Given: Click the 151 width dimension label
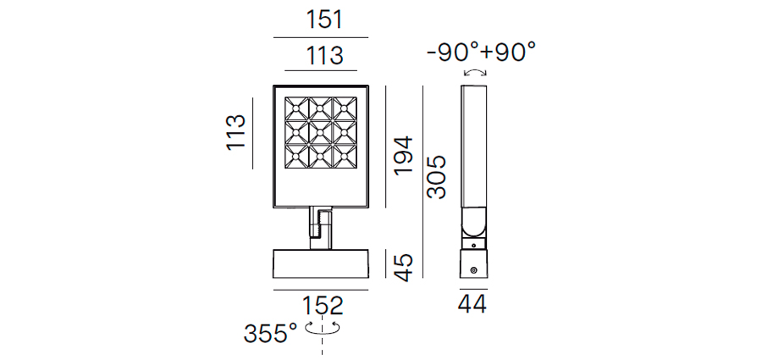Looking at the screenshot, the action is click(324, 20).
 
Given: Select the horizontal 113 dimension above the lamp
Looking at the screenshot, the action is click(324, 55).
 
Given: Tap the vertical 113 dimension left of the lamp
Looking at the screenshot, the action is click(236, 132).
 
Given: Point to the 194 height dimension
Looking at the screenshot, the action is click(403, 156).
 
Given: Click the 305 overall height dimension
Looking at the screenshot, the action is click(436, 177).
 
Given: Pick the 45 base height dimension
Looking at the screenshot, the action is click(403, 268).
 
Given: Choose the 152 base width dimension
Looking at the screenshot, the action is click(323, 306).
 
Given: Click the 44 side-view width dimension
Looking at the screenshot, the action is click(472, 305).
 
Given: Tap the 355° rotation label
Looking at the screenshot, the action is click(270, 334).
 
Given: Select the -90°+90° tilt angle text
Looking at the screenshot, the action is click(481, 52).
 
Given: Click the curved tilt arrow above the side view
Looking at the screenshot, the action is click(475, 72).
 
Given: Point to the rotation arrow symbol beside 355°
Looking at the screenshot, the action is click(323, 329).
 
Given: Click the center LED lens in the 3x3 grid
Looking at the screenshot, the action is click(320, 131).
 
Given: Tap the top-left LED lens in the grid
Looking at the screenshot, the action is click(296, 108).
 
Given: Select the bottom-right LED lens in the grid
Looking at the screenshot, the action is click(344, 156).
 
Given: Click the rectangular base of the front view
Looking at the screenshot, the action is click(321, 263).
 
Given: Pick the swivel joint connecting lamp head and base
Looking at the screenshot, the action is click(321, 228).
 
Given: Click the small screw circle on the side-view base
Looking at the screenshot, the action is click(472, 270).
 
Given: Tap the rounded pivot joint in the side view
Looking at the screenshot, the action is click(473, 222).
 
